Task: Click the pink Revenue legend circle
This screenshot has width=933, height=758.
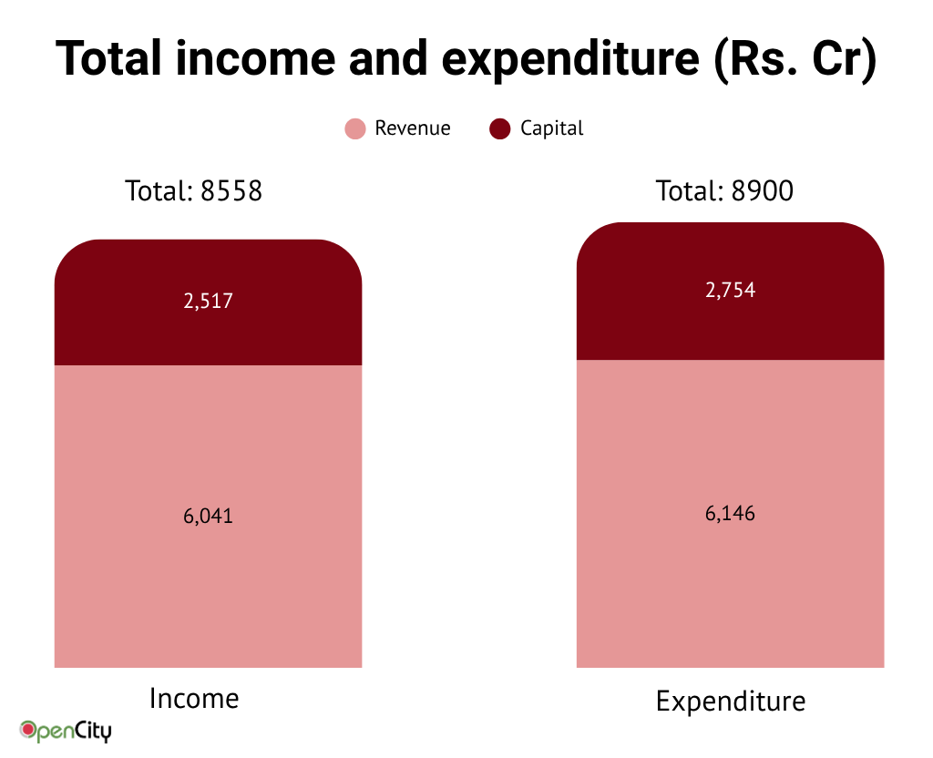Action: coord(355,129)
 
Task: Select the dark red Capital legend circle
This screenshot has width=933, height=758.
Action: coord(499,129)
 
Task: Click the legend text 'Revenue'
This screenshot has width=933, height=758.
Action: coord(413,128)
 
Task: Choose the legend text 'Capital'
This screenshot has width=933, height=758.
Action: coord(552,128)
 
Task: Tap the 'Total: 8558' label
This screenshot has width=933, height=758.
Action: coord(193,191)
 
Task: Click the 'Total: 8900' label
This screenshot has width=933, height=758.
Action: coord(724,191)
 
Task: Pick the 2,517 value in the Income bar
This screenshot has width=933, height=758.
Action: coord(208,302)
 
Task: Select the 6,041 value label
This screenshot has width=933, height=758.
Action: coord(208,516)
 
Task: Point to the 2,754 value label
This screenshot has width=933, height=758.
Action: coord(730,291)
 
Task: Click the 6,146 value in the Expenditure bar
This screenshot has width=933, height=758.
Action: coord(730,513)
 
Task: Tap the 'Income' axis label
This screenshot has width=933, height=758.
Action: coord(194,699)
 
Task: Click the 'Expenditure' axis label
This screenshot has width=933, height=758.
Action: coord(731,702)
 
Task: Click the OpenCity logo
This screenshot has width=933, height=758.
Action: coord(66,730)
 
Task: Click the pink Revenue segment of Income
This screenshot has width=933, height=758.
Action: coord(208,592)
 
